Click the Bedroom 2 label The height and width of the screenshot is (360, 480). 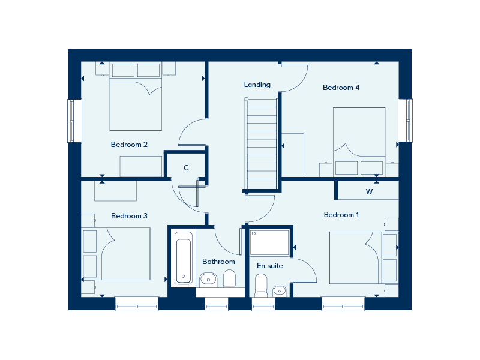coord(129,145)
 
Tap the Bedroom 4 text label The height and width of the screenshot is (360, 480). coord(341,88)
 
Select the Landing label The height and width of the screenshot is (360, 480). coord(257,85)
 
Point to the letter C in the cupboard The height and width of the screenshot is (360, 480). coord(186,168)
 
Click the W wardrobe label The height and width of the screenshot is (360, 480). coord(369,193)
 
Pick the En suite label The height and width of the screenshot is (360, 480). coord(269,266)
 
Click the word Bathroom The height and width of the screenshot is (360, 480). coord(218,262)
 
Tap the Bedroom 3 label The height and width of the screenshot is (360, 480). coord(129,216)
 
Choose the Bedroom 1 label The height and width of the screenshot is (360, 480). coord(341,215)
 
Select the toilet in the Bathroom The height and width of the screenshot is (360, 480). coord(229,278)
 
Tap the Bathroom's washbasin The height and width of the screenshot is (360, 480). coord(208,279)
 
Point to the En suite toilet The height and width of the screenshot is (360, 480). coord(261,284)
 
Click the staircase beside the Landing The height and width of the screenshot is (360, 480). coord(262,143)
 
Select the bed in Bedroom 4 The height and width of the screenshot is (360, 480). coord(359,141)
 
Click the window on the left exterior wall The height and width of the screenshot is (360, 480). coord(74,121)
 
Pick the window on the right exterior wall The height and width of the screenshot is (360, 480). coord(406,120)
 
